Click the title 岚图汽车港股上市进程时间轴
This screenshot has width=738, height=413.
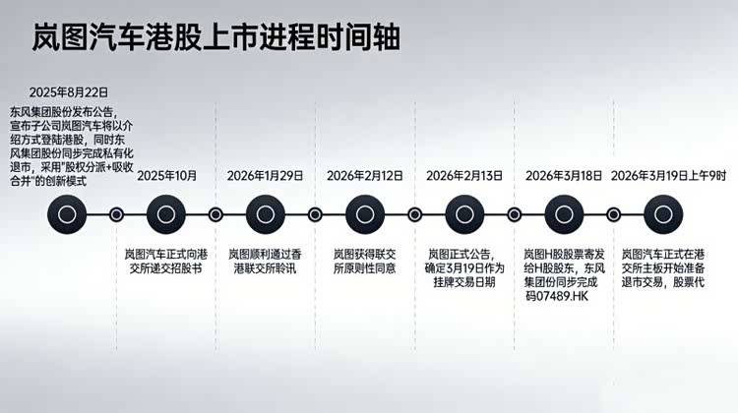click(x=216, y=37)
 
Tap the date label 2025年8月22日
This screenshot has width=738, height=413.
click(x=68, y=92)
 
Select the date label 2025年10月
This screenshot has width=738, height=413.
click(x=166, y=176)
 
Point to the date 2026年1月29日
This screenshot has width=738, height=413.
click(x=265, y=176)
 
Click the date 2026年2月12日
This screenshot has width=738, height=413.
click(x=365, y=176)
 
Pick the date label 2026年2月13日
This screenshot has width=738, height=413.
click(x=464, y=176)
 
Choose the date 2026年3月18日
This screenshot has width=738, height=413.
click(x=564, y=176)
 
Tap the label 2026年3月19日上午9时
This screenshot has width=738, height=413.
click(x=668, y=176)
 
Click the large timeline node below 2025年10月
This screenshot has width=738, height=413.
click(x=166, y=214)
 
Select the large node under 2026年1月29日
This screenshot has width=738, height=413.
click(x=266, y=214)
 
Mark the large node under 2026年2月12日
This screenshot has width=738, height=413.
click(x=365, y=214)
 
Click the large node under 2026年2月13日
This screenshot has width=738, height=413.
click(x=464, y=214)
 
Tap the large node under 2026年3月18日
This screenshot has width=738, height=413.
click(x=564, y=214)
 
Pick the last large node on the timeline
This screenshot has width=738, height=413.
click(x=663, y=214)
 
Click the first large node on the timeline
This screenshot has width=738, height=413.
click(x=67, y=214)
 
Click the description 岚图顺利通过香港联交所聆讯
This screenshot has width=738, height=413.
click(x=265, y=262)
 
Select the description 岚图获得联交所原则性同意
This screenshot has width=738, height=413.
click(x=365, y=262)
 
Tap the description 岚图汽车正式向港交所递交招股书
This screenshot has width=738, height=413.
click(x=165, y=262)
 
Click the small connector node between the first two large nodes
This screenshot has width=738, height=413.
click(x=116, y=215)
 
